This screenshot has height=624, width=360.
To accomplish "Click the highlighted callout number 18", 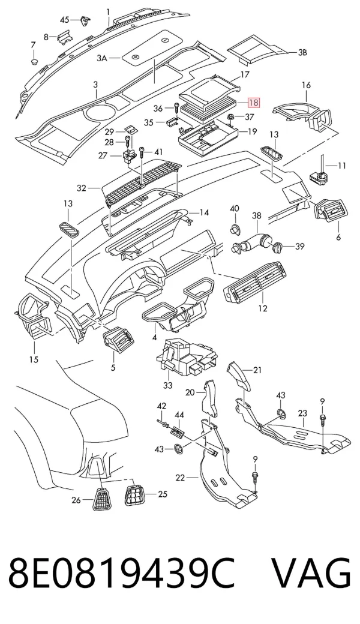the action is pyautogui.click(x=253, y=103).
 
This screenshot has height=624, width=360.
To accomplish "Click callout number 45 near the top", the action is pyautogui.click(x=64, y=19).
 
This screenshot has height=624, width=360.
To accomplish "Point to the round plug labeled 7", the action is pyautogui.click(x=34, y=62).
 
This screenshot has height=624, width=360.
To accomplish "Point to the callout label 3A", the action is pyautogui.click(x=102, y=59).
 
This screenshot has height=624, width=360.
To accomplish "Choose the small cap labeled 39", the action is pyautogui.click(x=278, y=247).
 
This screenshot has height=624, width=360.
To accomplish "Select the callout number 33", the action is pyautogui.click(x=168, y=385).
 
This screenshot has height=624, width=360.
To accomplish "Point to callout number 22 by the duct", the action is pyautogui.click(x=180, y=477).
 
